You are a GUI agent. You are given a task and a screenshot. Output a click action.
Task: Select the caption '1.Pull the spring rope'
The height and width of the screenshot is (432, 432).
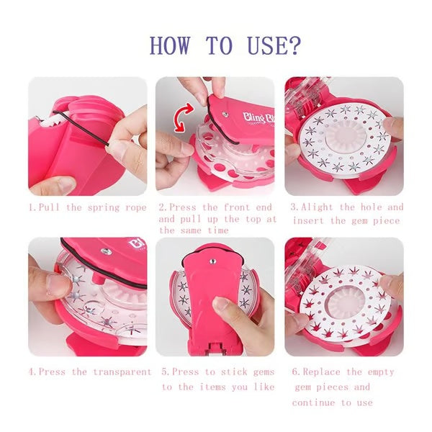click(x=86, y=207)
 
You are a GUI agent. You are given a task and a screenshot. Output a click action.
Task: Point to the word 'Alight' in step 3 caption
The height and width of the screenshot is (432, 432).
click(x=318, y=207)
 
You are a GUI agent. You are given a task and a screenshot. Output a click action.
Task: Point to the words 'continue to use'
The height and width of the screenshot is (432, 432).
click(x=333, y=402)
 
